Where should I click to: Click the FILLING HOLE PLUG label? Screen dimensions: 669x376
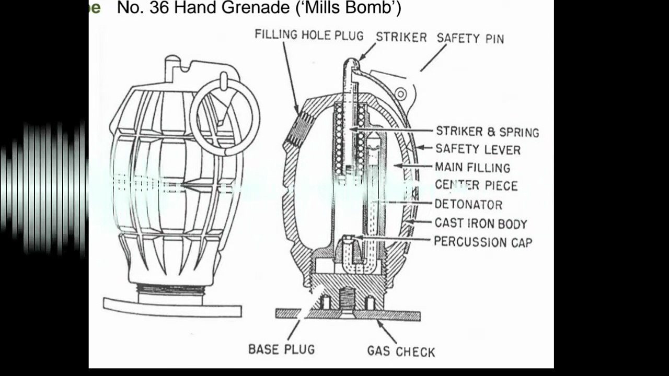[x=309, y=35]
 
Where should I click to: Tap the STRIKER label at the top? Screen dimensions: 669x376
[x=401, y=37]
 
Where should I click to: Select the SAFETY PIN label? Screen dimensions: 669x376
[x=470, y=39]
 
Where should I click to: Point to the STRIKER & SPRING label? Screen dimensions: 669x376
[x=488, y=132]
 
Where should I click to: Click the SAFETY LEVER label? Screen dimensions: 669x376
[x=478, y=149]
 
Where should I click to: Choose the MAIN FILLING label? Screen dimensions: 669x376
[x=472, y=168]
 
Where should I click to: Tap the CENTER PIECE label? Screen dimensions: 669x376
[x=476, y=185]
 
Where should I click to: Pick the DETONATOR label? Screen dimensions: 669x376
[x=468, y=204]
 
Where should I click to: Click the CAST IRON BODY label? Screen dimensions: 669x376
[x=481, y=223]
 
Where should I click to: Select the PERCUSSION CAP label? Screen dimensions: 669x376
[x=483, y=242]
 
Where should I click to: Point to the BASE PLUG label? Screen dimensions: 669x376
[x=282, y=349]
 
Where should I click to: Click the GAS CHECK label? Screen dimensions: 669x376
[x=401, y=351]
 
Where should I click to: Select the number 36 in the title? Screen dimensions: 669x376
[x=159, y=8]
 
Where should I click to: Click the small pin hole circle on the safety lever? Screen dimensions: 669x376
[x=401, y=94]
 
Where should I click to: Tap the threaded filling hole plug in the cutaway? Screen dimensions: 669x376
[x=300, y=129]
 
